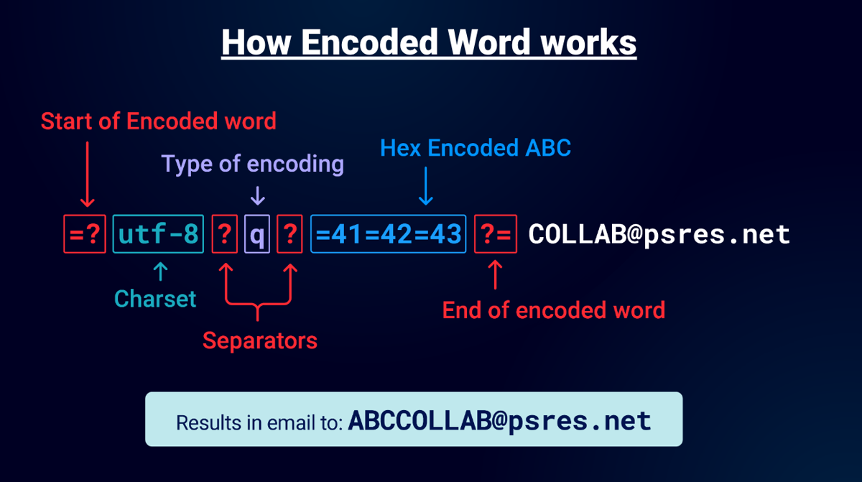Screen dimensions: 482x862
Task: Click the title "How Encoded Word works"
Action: pyautogui.click(x=429, y=43)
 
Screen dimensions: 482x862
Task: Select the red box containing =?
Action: pyautogui.click(x=85, y=234)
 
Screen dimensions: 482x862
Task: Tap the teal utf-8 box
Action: pyautogui.click(x=158, y=234)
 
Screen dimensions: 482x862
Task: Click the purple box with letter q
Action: pyautogui.click(x=256, y=234)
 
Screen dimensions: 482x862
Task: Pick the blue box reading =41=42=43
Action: pyautogui.click(x=389, y=234)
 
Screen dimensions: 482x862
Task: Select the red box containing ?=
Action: pyautogui.click(x=496, y=234)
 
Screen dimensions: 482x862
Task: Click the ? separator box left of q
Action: pyautogui.click(x=224, y=234)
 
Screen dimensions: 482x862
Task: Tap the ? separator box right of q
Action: pyautogui.click(x=289, y=234)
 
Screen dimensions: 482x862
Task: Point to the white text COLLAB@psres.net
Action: pyautogui.click(x=659, y=234)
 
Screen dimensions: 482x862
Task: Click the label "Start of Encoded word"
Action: pyautogui.click(x=158, y=121)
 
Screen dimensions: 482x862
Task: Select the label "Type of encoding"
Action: pyautogui.click(x=252, y=164)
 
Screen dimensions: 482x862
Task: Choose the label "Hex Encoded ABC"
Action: pyautogui.click(x=476, y=148)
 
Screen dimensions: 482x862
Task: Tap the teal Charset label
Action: pyautogui.click(x=155, y=299)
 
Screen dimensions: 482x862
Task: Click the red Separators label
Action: pyautogui.click(x=259, y=340)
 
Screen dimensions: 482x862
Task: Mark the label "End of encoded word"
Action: pyautogui.click(x=553, y=310)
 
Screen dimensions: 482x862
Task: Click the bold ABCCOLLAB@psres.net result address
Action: pyautogui.click(x=499, y=420)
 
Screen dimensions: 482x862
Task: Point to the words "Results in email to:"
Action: pyautogui.click(x=259, y=422)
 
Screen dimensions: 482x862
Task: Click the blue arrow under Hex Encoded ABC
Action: pyautogui.click(x=426, y=186)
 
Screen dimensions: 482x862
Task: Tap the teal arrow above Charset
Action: pyautogui.click(x=160, y=272)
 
